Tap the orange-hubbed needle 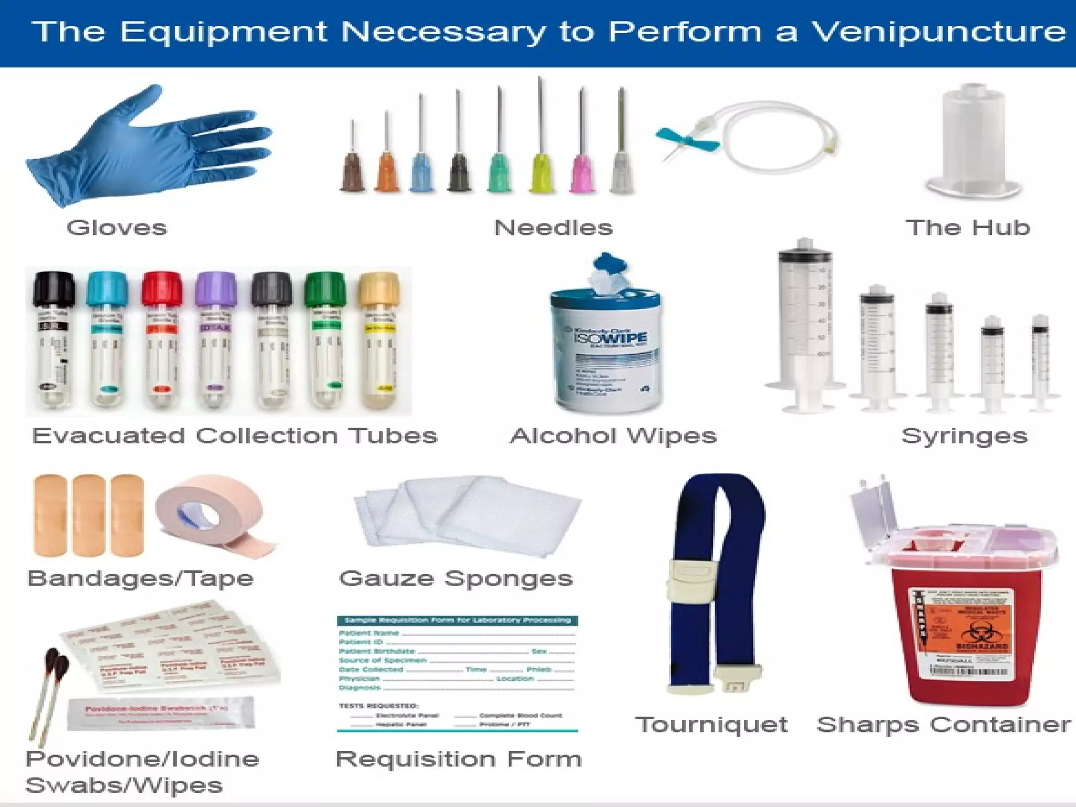(x=387, y=171)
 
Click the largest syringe (x=804, y=326)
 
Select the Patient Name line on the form (x=457, y=633)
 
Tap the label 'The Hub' (x=968, y=227)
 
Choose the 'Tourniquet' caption (x=711, y=725)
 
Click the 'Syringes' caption (x=964, y=436)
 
